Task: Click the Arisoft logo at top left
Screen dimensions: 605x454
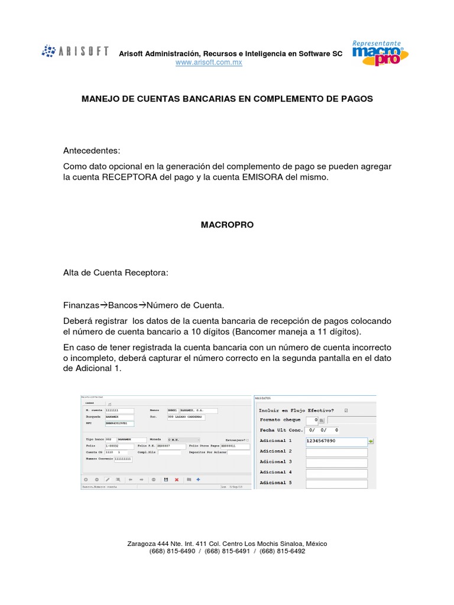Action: [75, 51]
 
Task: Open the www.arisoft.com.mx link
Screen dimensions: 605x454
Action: [209, 63]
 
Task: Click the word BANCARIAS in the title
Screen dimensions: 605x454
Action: [196, 99]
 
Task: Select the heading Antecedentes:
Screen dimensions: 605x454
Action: [92, 151]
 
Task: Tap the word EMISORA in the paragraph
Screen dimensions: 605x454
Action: [260, 177]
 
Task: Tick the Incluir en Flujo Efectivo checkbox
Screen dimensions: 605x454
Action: [346, 410]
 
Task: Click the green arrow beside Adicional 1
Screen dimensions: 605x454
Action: [371, 441]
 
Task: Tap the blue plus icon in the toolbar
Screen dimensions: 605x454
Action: [198, 480]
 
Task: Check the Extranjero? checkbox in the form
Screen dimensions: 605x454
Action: [247, 440]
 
